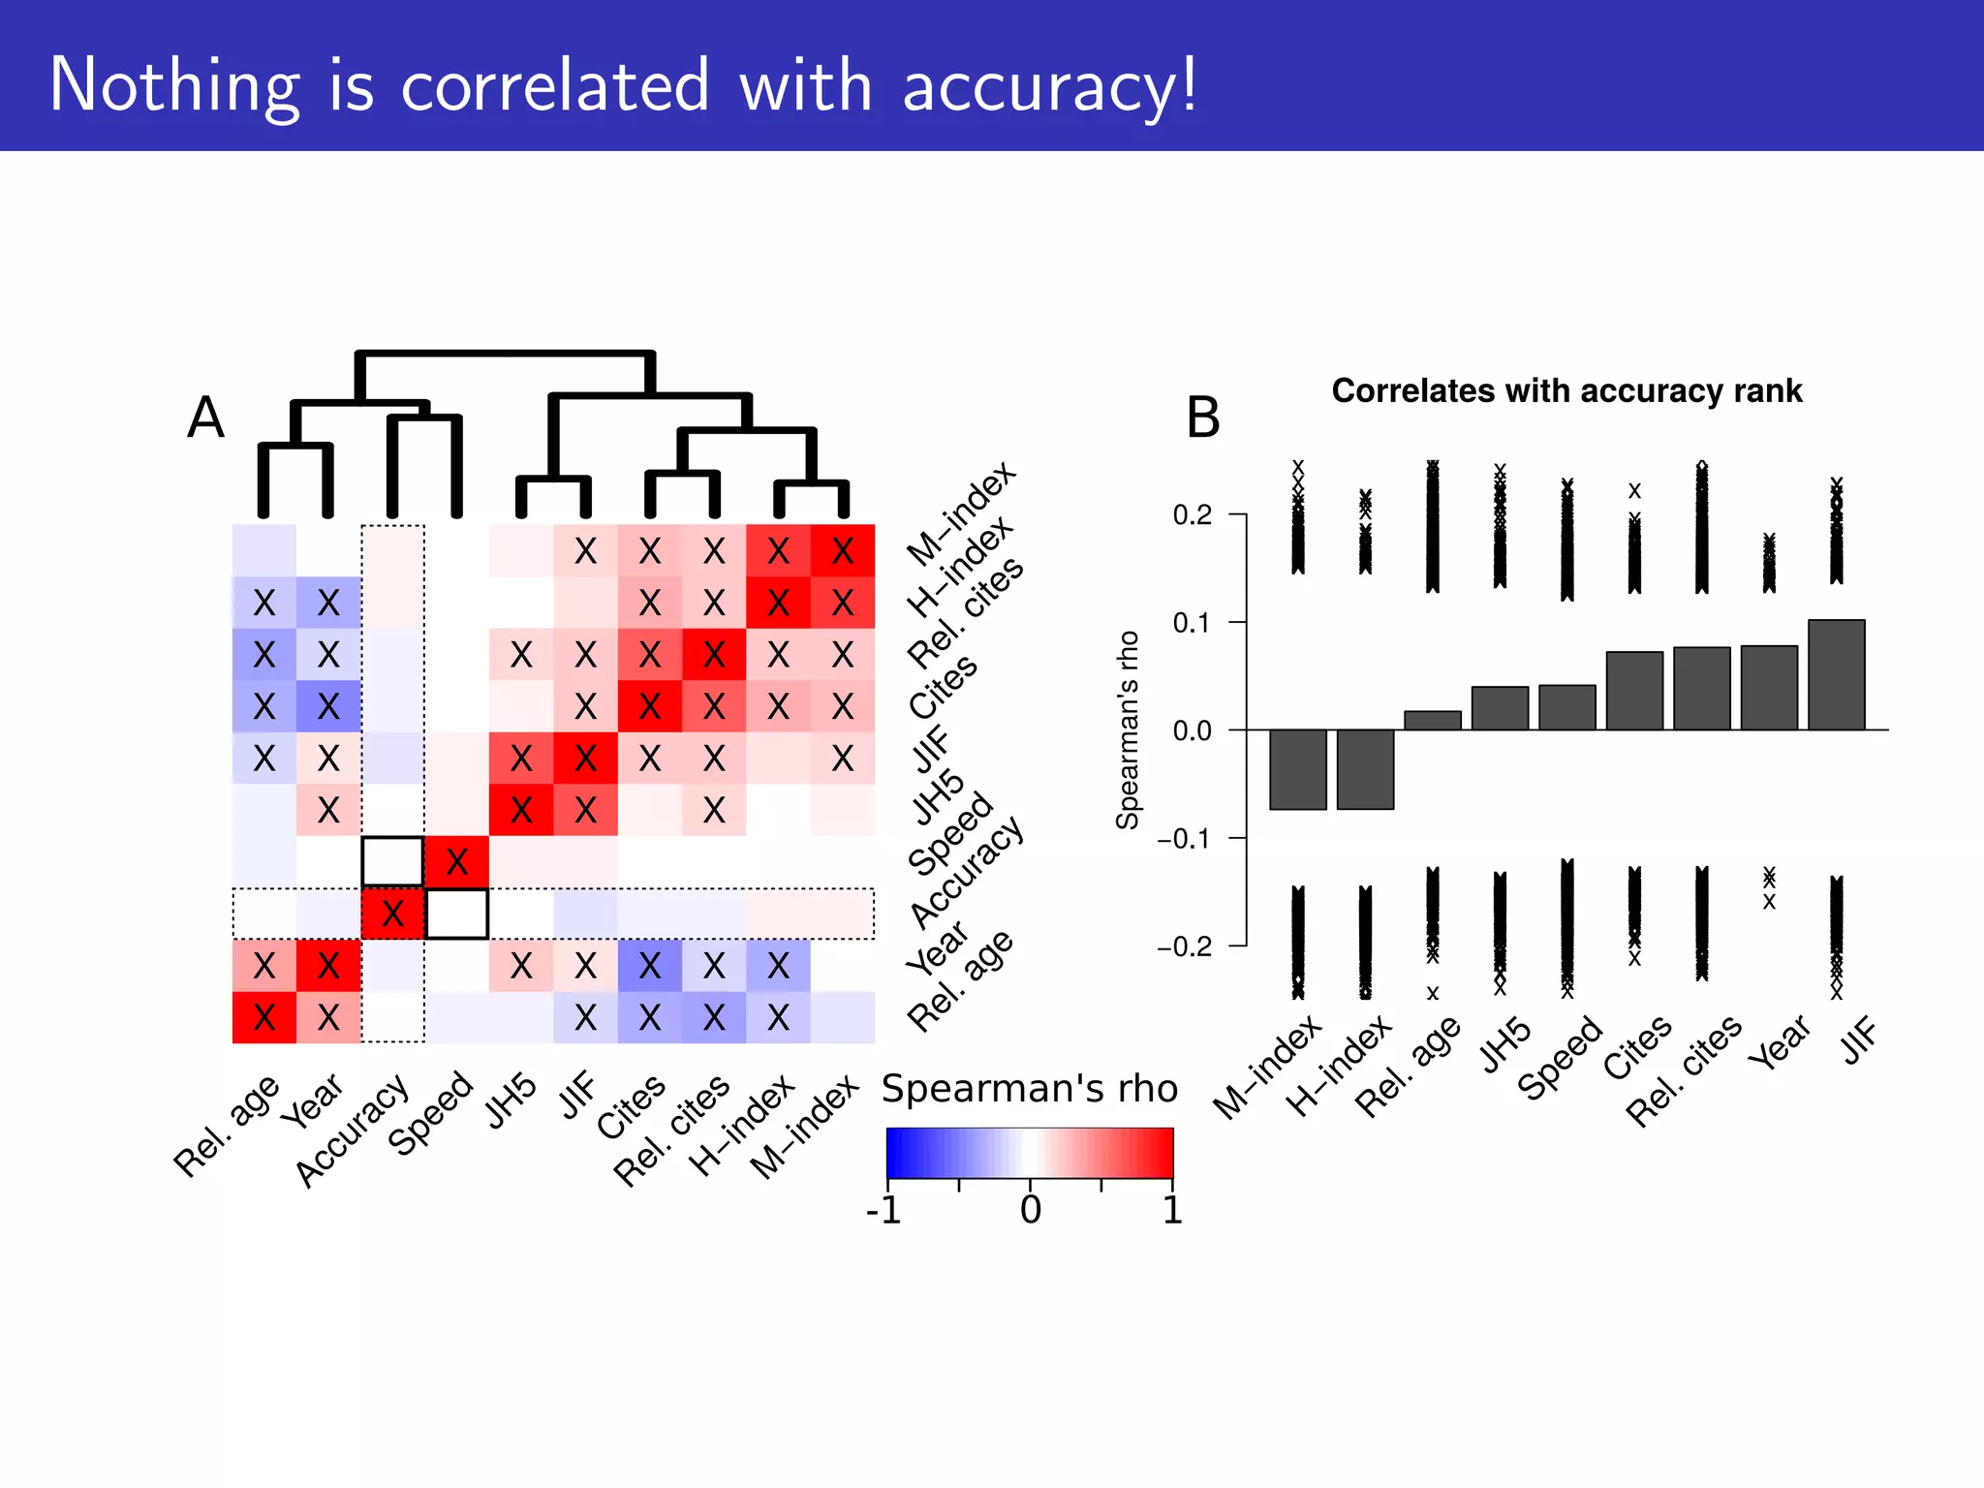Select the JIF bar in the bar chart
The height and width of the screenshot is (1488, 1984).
coord(1836,675)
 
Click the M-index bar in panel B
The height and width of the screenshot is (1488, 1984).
coord(1297,769)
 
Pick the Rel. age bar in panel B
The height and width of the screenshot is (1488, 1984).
coord(1432,720)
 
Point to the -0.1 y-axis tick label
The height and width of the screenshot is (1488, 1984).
coord(1185,838)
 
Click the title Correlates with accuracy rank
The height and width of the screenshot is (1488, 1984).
coord(1565,390)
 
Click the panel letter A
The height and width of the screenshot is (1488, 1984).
coord(205,418)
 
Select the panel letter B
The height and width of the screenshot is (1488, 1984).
coord(1202,418)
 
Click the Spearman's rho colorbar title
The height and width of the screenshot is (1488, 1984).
coord(1029,1089)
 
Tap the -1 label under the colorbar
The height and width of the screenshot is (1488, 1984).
coord(883,1210)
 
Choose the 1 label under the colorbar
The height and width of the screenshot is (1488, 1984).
coord(1171,1210)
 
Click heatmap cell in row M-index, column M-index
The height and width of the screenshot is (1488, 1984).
coord(842,550)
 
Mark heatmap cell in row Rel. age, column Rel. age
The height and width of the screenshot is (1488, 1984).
coord(263,1017)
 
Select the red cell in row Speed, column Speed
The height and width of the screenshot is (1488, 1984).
coord(456,861)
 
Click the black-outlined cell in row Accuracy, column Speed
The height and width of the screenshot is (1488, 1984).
coord(456,914)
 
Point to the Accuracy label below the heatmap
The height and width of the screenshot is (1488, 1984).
coord(353,1131)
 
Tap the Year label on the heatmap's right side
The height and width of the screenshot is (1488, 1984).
coord(936,948)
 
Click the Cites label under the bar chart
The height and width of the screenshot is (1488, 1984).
coord(1636,1047)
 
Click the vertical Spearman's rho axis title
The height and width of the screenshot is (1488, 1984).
coord(1128,729)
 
